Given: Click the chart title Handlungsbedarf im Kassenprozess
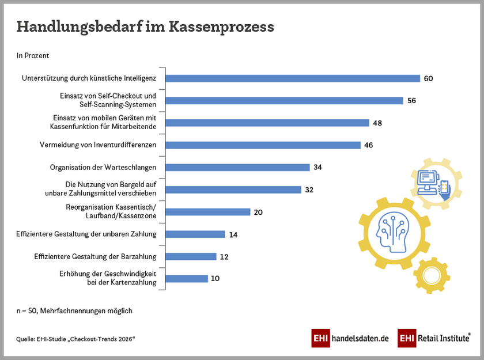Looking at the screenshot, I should pyautogui.click(x=145, y=26).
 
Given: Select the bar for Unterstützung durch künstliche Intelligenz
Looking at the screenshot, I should pyautogui.click(x=293, y=78).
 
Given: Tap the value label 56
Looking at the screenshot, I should pyautogui.click(x=411, y=100).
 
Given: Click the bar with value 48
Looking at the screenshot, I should pyautogui.click(x=267, y=123).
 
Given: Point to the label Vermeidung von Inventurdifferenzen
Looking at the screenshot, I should pyautogui.click(x=105, y=145).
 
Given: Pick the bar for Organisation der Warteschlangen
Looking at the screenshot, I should pyautogui.click(x=238, y=167).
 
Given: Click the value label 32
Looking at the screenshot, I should pyautogui.click(x=309, y=190).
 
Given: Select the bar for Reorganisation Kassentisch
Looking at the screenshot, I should pyautogui.click(x=208, y=212).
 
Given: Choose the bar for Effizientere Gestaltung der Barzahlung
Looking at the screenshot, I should pyautogui.click(x=191, y=256).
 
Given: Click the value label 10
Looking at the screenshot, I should pyautogui.click(x=215, y=279).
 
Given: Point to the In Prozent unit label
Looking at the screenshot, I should pyautogui.click(x=33, y=56).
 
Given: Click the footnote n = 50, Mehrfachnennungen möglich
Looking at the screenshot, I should pyautogui.click(x=74, y=311).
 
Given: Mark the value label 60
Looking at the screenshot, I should pyautogui.click(x=428, y=78).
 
